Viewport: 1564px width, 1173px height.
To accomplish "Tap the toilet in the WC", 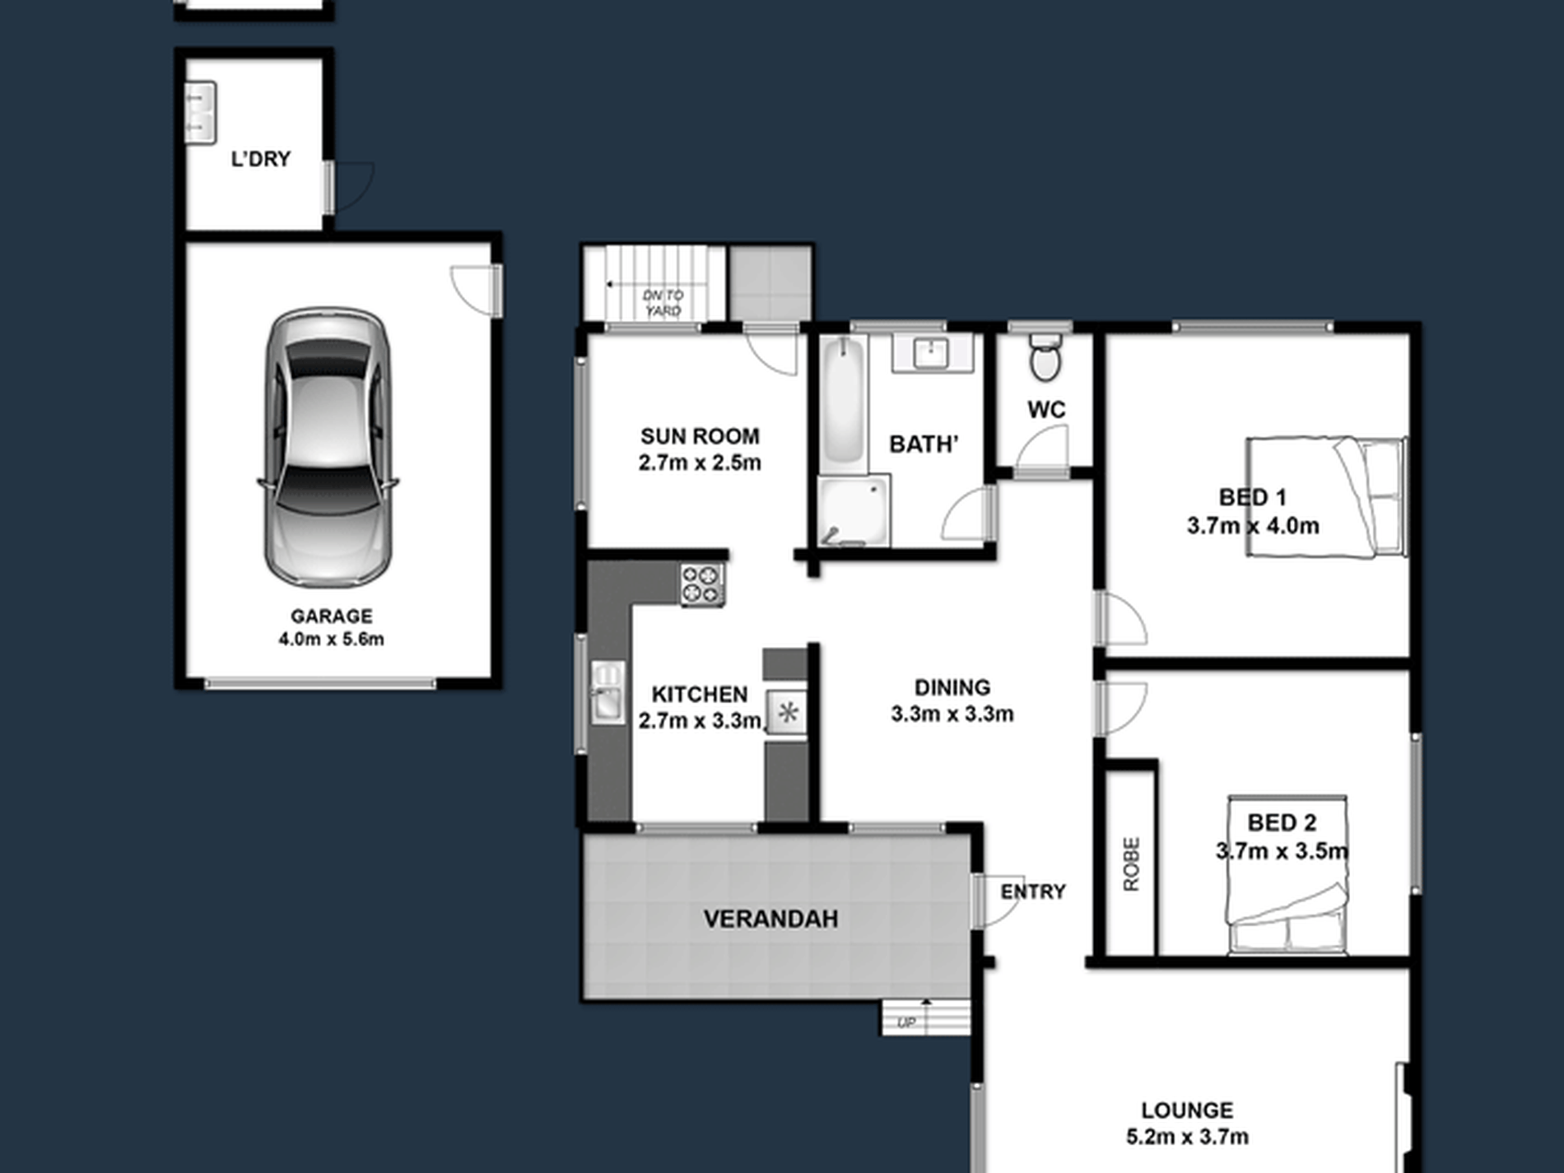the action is [1045, 356].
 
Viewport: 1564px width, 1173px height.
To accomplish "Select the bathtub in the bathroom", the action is [844, 403].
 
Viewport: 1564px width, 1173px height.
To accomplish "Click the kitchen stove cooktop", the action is [702, 584].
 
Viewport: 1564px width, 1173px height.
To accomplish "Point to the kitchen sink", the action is [607, 692].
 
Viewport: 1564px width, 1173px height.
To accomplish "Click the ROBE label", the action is [1132, 863].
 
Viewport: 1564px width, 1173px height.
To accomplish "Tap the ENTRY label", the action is [1033, 891].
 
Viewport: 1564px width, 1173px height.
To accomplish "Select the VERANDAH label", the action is [770, 919].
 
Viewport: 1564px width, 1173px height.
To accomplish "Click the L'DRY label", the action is [261, 159].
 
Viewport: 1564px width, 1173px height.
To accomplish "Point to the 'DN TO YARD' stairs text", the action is [663, 303].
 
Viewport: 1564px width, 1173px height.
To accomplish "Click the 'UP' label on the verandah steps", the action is [905, 1023].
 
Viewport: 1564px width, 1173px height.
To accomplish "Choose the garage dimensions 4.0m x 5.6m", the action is [331, 640].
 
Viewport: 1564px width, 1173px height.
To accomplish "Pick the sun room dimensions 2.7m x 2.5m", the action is [700, 463].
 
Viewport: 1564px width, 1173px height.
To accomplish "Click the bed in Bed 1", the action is [1325, 496].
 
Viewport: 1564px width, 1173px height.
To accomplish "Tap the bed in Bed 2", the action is [1287, 875].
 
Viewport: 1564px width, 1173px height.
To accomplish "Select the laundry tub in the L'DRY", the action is [201, 113].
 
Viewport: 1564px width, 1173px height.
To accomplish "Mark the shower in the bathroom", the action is [854, 510].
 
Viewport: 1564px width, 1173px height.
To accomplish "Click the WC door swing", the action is [1042, 452].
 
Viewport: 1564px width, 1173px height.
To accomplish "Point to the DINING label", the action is [952, 687].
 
